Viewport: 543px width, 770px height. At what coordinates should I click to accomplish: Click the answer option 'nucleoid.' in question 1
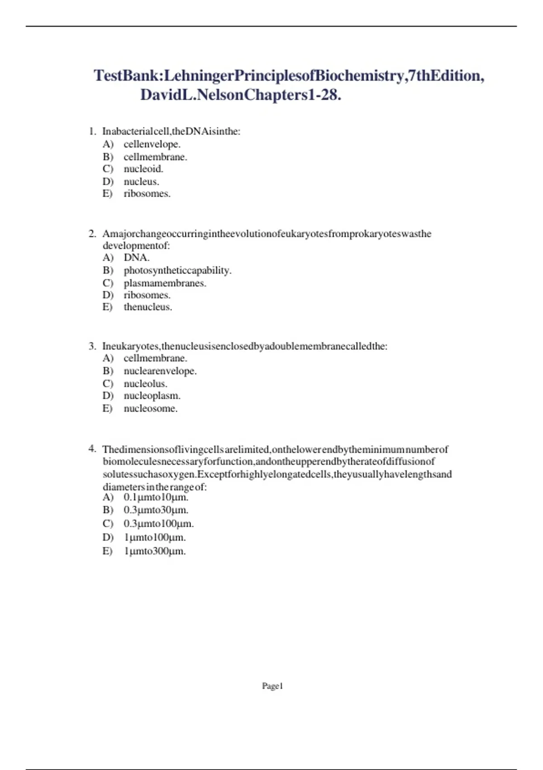click(143, 169)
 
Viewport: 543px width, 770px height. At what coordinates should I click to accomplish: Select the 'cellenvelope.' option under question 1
click(152, 144)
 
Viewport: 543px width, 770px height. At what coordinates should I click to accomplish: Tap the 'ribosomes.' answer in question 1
click(147, 194)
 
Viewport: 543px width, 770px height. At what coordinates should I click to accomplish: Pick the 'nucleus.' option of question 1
click(142, 182)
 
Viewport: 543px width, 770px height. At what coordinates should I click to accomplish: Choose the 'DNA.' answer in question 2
click(137, 258)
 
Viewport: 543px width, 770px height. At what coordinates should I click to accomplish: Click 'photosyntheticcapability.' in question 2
click(177, 270)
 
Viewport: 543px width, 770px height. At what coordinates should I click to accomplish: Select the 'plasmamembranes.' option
click(165, 283)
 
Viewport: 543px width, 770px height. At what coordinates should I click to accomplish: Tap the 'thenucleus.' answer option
click(148, 307)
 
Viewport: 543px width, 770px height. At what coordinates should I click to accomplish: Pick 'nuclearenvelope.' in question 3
click(160, 371)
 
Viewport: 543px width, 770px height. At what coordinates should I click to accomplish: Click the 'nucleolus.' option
click(146, 384)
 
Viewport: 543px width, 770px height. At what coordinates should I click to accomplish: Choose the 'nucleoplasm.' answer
click(152, 396)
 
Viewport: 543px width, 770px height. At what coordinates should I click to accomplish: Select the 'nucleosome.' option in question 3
click(151, 409)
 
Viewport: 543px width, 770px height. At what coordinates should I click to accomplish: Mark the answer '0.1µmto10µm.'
click(156, 497)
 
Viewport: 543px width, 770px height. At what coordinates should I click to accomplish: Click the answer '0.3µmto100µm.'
click(159, 524)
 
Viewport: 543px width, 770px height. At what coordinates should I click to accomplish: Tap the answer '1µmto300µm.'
click(155, 551)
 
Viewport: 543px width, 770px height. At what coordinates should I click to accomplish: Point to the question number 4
click(92, 449)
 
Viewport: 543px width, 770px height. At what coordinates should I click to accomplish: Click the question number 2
click(92, 234)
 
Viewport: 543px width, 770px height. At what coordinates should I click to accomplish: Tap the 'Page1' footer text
click(272, 686)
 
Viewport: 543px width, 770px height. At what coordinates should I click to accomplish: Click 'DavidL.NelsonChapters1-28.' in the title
click(241, 95)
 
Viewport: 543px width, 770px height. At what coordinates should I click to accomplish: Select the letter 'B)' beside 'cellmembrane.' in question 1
click(108, 157)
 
